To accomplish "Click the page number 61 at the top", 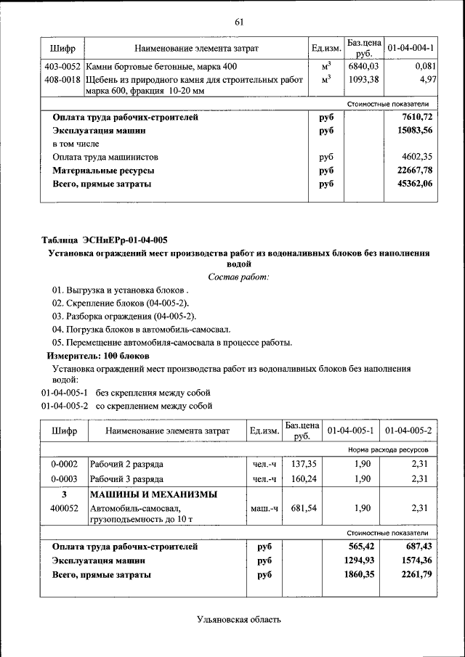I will pyautogui.click(x=238, y=21).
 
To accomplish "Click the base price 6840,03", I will pyautogui.click(x=363, y=66).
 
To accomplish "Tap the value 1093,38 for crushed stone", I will pyautogui.click(x=363, y=79).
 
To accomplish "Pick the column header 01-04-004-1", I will pyautogui.click(x=411, y=48).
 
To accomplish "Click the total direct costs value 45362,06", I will pyautogui.click(x=416, y=184).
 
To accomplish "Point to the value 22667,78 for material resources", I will pyautogui.click(x=416, y=171).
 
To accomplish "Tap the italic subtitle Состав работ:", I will pyautogui.click(x=238, y=277).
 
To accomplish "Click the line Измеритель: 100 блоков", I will pyautogui.click(x=98, y=356).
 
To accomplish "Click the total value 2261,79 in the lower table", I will pyautogui.click(x=416, y=575).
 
